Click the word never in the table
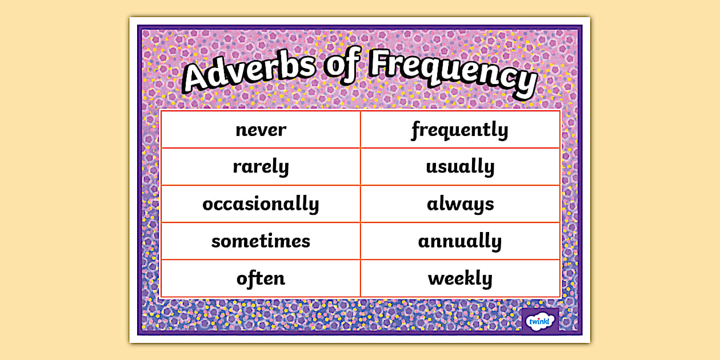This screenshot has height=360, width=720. pyautogui.click(x=261, y=130)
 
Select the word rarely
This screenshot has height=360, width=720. pyautogui.click(x=261, y=166)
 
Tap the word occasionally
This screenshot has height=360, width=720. pyautogui.click(x=261, y=204)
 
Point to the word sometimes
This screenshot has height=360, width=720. pyautogui.click(x=261, y=241)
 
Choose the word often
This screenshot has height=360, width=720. pyautogui.click(x=261, y=278)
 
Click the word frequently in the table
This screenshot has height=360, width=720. pyautogui.click(x=460, y=130)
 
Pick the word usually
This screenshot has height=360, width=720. pyautogui.click(x=460, y=166)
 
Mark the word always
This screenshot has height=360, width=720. pyautogui.click(x=460, y=204)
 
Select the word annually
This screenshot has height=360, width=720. pyautogui.click(x=460, y=241)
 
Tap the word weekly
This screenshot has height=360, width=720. pyautogui.click(x=460, y=278)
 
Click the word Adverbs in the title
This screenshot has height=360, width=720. pyautogui.click(x=249, y=70)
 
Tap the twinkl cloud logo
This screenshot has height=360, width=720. pyautogui.click(x=539, y=321)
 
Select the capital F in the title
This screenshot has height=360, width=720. pyautogui.click(x=382, y=62)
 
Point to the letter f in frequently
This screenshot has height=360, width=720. pyautogui.click(x=417, y=130)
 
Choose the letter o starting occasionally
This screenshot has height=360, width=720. pyautogui.click(x=209, y=205)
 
